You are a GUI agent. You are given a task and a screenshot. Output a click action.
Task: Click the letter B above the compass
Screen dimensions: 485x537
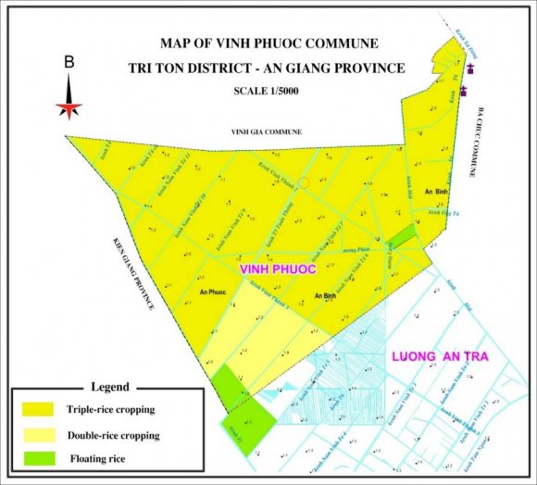tap(69, 63)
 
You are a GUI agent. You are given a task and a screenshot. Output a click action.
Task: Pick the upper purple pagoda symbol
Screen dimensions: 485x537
tap(471, 68)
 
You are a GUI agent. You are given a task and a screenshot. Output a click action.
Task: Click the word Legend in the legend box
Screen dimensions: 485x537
tap(110, 387)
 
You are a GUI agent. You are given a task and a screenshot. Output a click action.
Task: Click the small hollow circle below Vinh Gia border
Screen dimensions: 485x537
tap(303, 183)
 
